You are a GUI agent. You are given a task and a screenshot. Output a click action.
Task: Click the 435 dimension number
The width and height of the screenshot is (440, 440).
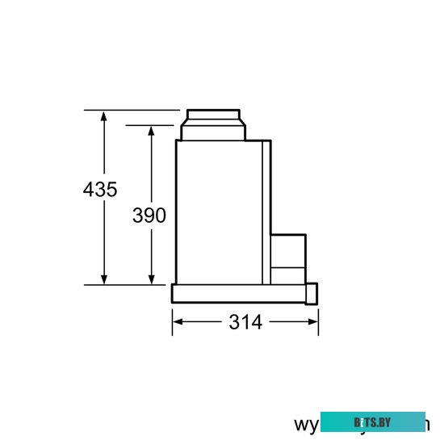(100, 190)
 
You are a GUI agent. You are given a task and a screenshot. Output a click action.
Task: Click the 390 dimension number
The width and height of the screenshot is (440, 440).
(149, 215)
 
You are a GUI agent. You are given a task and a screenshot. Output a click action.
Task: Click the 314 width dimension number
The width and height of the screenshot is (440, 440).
(245, 322)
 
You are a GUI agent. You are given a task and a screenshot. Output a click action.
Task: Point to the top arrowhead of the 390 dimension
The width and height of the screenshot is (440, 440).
(151, 132)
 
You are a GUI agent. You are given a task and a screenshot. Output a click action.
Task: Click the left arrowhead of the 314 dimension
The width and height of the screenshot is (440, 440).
(178, 321)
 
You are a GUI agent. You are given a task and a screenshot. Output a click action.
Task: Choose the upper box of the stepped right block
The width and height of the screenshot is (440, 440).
(288, 249)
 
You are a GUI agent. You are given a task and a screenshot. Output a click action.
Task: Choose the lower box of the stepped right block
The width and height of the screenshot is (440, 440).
(288, 274)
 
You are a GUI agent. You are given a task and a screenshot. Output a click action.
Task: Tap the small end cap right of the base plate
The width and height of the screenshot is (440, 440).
(313, 294)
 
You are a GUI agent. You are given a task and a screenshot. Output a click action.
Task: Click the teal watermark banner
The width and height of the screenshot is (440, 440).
(372, 422)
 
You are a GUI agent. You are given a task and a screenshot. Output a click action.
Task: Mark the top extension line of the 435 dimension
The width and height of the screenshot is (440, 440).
(133, 110)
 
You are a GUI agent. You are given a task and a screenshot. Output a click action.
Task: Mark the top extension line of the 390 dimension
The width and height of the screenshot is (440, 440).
(153, 125)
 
